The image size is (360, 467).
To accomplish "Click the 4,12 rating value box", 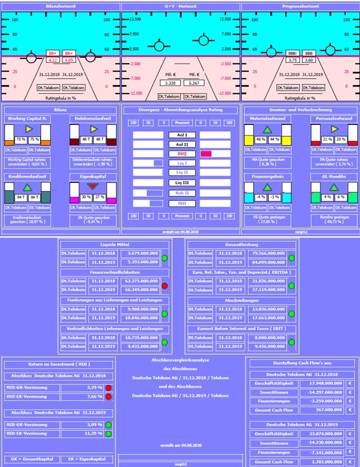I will click(54, 59).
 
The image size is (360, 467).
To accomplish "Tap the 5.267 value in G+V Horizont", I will click(195, 83).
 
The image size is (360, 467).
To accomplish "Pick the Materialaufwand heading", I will click(268, 119).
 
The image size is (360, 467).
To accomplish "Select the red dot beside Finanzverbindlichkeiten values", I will click(165, 286).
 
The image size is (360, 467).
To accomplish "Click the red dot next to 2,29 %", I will click(109, 388).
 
